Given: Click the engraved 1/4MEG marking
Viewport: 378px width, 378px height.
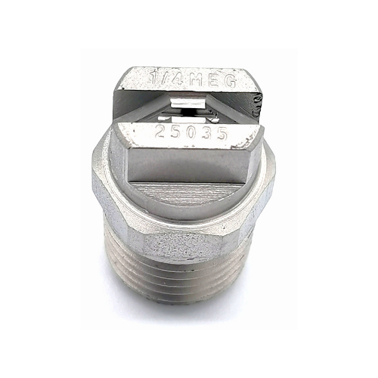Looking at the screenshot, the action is tap(194, 79).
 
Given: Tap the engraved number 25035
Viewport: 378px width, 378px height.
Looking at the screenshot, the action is tap(191, 133).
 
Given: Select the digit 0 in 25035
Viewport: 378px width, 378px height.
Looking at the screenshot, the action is tap(191, 133).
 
